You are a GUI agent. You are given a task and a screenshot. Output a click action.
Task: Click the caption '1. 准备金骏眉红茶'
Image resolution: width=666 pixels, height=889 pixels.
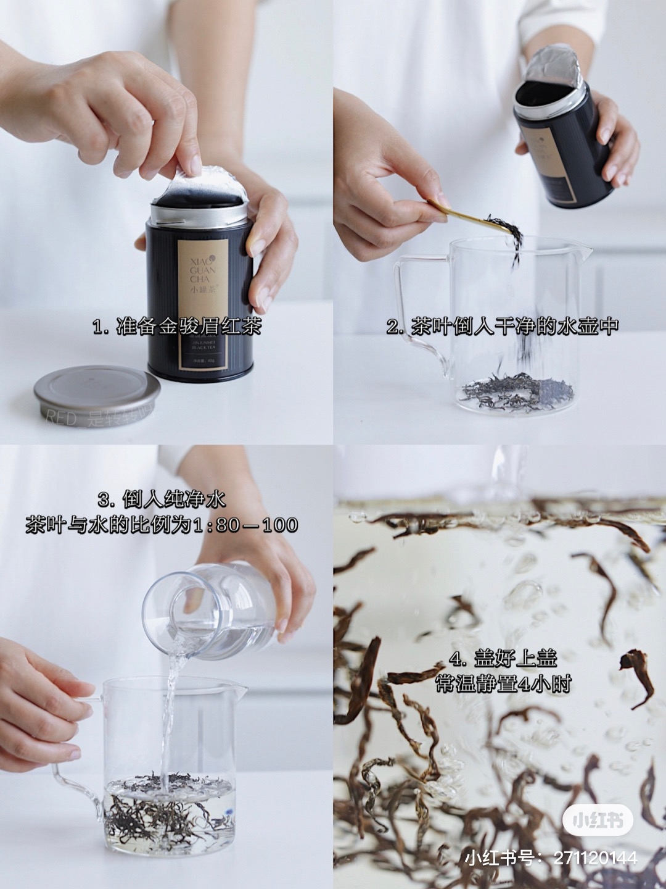(177, 327)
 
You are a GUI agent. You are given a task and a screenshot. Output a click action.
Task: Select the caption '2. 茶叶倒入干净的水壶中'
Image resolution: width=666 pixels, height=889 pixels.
(502, 327)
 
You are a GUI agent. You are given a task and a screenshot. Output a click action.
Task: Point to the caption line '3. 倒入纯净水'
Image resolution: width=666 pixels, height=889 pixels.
(162, 499)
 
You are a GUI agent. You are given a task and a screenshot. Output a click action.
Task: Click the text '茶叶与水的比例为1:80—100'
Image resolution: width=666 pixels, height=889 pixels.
(162, 525)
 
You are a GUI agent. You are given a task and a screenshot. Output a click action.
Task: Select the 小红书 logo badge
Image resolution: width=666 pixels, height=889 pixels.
(596, 820)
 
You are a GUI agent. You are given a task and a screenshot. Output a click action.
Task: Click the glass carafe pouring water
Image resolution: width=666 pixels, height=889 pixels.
(210, 611)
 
